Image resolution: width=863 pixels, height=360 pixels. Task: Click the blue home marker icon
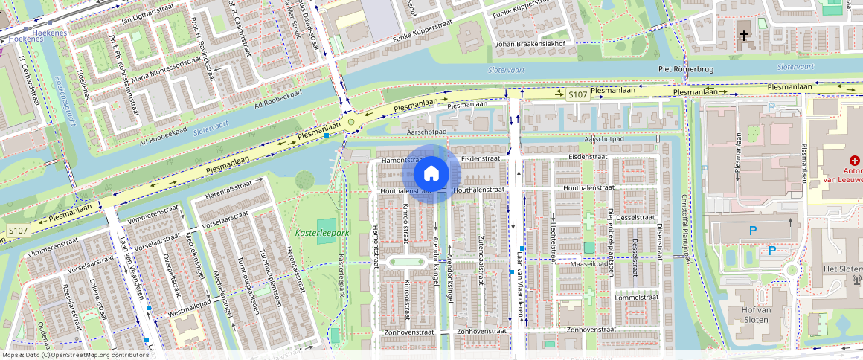[431, 174]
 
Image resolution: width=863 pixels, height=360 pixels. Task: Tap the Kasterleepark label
[321, 233]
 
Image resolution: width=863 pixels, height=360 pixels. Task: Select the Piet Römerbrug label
[685, 69]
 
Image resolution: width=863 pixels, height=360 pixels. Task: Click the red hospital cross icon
[855, 161]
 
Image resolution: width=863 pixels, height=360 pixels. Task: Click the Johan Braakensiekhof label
[530, 44]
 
